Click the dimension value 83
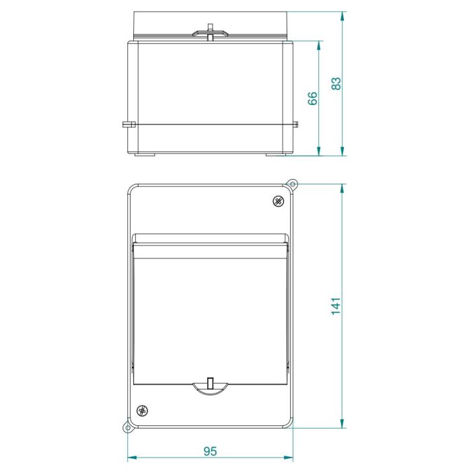[336, 83]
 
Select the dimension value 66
[312, 98]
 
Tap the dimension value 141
[336, 306]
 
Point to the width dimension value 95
[210, 451]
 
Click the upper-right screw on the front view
[279, 201]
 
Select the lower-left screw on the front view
[142, 410]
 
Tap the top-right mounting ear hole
[292, 184]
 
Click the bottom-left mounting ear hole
[128, 428]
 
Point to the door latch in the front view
[210, 386]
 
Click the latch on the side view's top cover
[210, 32]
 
